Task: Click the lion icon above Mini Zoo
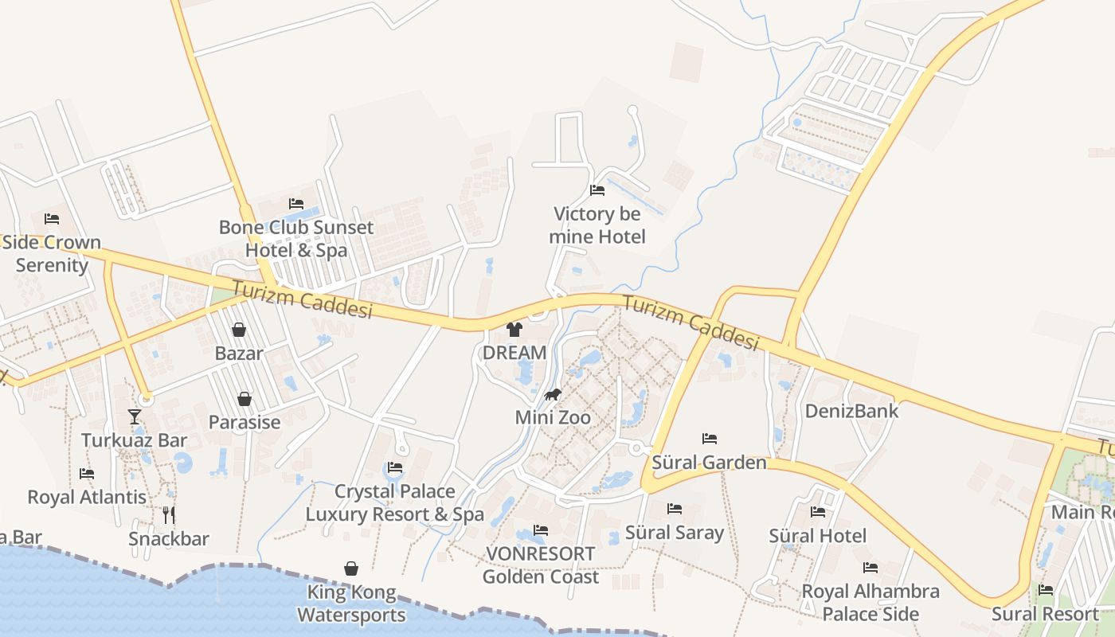tap(553, 395)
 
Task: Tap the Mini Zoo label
tap(553, 417)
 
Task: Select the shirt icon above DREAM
tap(514, 330)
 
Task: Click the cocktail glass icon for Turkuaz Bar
tap(135, 416)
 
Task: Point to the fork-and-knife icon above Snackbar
tap(169, 515)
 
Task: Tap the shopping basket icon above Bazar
tap(239, 330)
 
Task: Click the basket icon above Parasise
tap(245, 399)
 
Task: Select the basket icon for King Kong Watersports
tap(351, 569)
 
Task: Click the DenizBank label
tap(851, 411)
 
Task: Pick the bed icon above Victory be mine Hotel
tap(597, 190)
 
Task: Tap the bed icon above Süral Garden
tap(710, 439)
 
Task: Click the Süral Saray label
tap(675, 533)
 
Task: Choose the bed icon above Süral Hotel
tap(818, 512)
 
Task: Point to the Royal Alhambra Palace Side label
tap(870, 603)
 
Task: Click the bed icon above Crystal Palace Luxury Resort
tap(395, 467)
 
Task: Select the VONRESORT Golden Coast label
tap(541, 565)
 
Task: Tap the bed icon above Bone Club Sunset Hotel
tap(296, 204)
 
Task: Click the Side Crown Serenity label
tap(52, 253)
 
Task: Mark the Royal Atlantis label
tap(87, 497)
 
